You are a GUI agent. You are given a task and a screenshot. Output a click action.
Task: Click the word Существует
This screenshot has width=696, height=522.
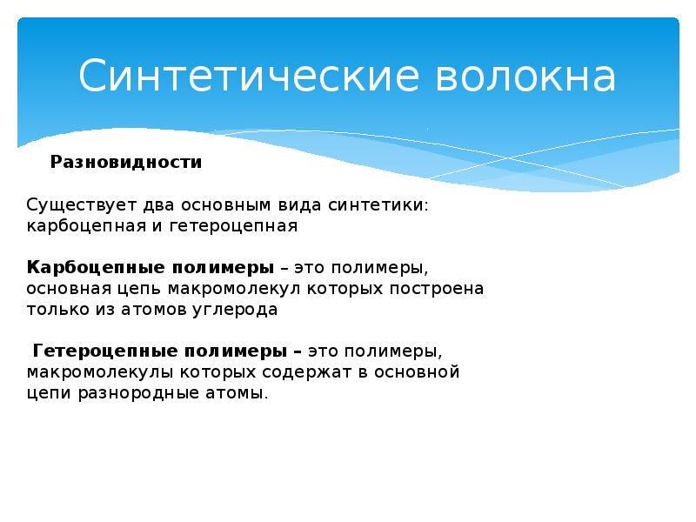click(76, 205)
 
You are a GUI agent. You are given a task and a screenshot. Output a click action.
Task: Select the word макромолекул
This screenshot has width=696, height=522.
click(252, 288)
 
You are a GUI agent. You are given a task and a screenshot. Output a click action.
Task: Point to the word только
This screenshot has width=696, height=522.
click(55, 309)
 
